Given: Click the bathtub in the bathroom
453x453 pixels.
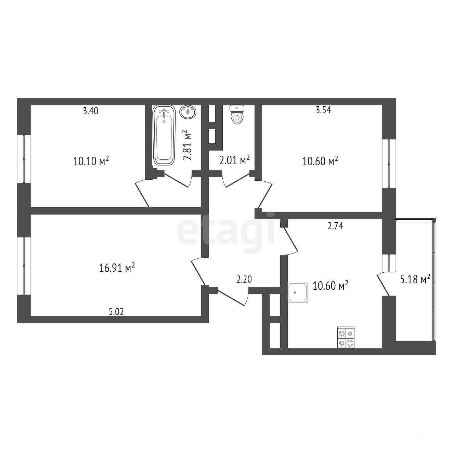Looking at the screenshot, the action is (164, 135).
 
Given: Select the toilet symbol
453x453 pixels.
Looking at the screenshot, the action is (237, 115).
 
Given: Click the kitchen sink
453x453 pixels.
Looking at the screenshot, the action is (298, 292).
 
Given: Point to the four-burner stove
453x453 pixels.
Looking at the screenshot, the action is (346, 337).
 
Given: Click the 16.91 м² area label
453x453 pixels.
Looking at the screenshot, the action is (117, 268).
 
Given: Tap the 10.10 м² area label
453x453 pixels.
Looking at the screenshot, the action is (91, 161).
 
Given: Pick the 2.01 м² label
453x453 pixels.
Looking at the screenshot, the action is (234, 160).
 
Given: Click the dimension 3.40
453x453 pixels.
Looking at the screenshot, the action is (91, 111).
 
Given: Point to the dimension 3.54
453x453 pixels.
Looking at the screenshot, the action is (323, 110).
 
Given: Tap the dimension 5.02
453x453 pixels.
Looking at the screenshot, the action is (116, 312).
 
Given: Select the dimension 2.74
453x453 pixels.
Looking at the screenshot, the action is (335, 226).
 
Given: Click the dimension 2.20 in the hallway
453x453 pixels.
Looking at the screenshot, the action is (244, 279).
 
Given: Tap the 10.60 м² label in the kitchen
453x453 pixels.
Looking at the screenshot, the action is (330, 286).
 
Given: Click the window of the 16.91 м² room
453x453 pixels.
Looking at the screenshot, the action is (24, 266).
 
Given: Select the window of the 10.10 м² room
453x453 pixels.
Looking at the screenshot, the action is (24, 159).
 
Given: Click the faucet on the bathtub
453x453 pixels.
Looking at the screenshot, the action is (164, 112).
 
